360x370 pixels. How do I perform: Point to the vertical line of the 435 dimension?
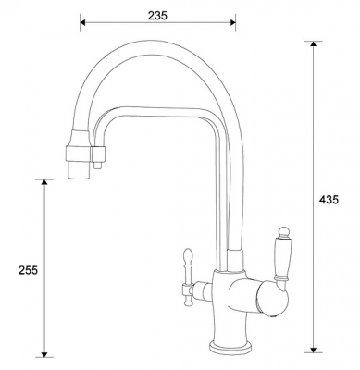tap(315, 199)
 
